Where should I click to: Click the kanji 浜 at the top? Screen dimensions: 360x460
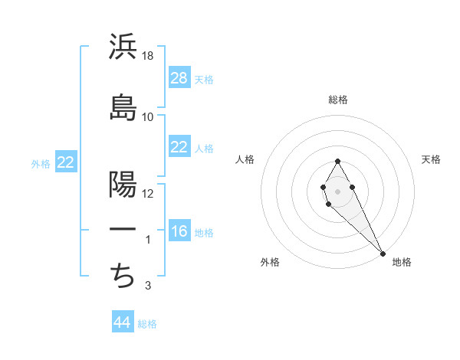click(123, 47)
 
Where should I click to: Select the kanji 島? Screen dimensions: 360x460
click(123, 107)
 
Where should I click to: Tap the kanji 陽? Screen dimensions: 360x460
click(123, 184)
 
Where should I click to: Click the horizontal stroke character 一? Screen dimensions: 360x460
click(123, 230)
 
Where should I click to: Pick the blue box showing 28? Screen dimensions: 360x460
click(179, 78)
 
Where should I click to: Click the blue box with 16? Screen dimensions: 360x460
click(179, 232)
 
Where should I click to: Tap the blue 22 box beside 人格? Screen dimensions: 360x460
click(179, 148)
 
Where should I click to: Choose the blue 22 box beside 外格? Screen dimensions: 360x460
click(66, 162)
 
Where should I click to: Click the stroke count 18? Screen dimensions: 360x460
click(149, 57)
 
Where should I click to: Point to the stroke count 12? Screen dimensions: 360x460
click(149, 194)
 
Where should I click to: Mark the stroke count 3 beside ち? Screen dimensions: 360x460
click(149, 286)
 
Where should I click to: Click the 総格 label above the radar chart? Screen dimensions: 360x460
click(338, 100)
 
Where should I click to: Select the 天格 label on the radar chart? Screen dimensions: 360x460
click(431, 159)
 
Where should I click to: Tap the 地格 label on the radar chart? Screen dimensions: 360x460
click(402, 263)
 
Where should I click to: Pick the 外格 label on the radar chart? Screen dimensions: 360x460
click(270, 263)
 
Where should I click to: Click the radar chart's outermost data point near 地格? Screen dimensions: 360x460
click(383, 253)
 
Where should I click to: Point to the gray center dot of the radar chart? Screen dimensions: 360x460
click(337, 190)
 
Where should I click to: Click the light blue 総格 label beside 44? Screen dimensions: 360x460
click(147, 324)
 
